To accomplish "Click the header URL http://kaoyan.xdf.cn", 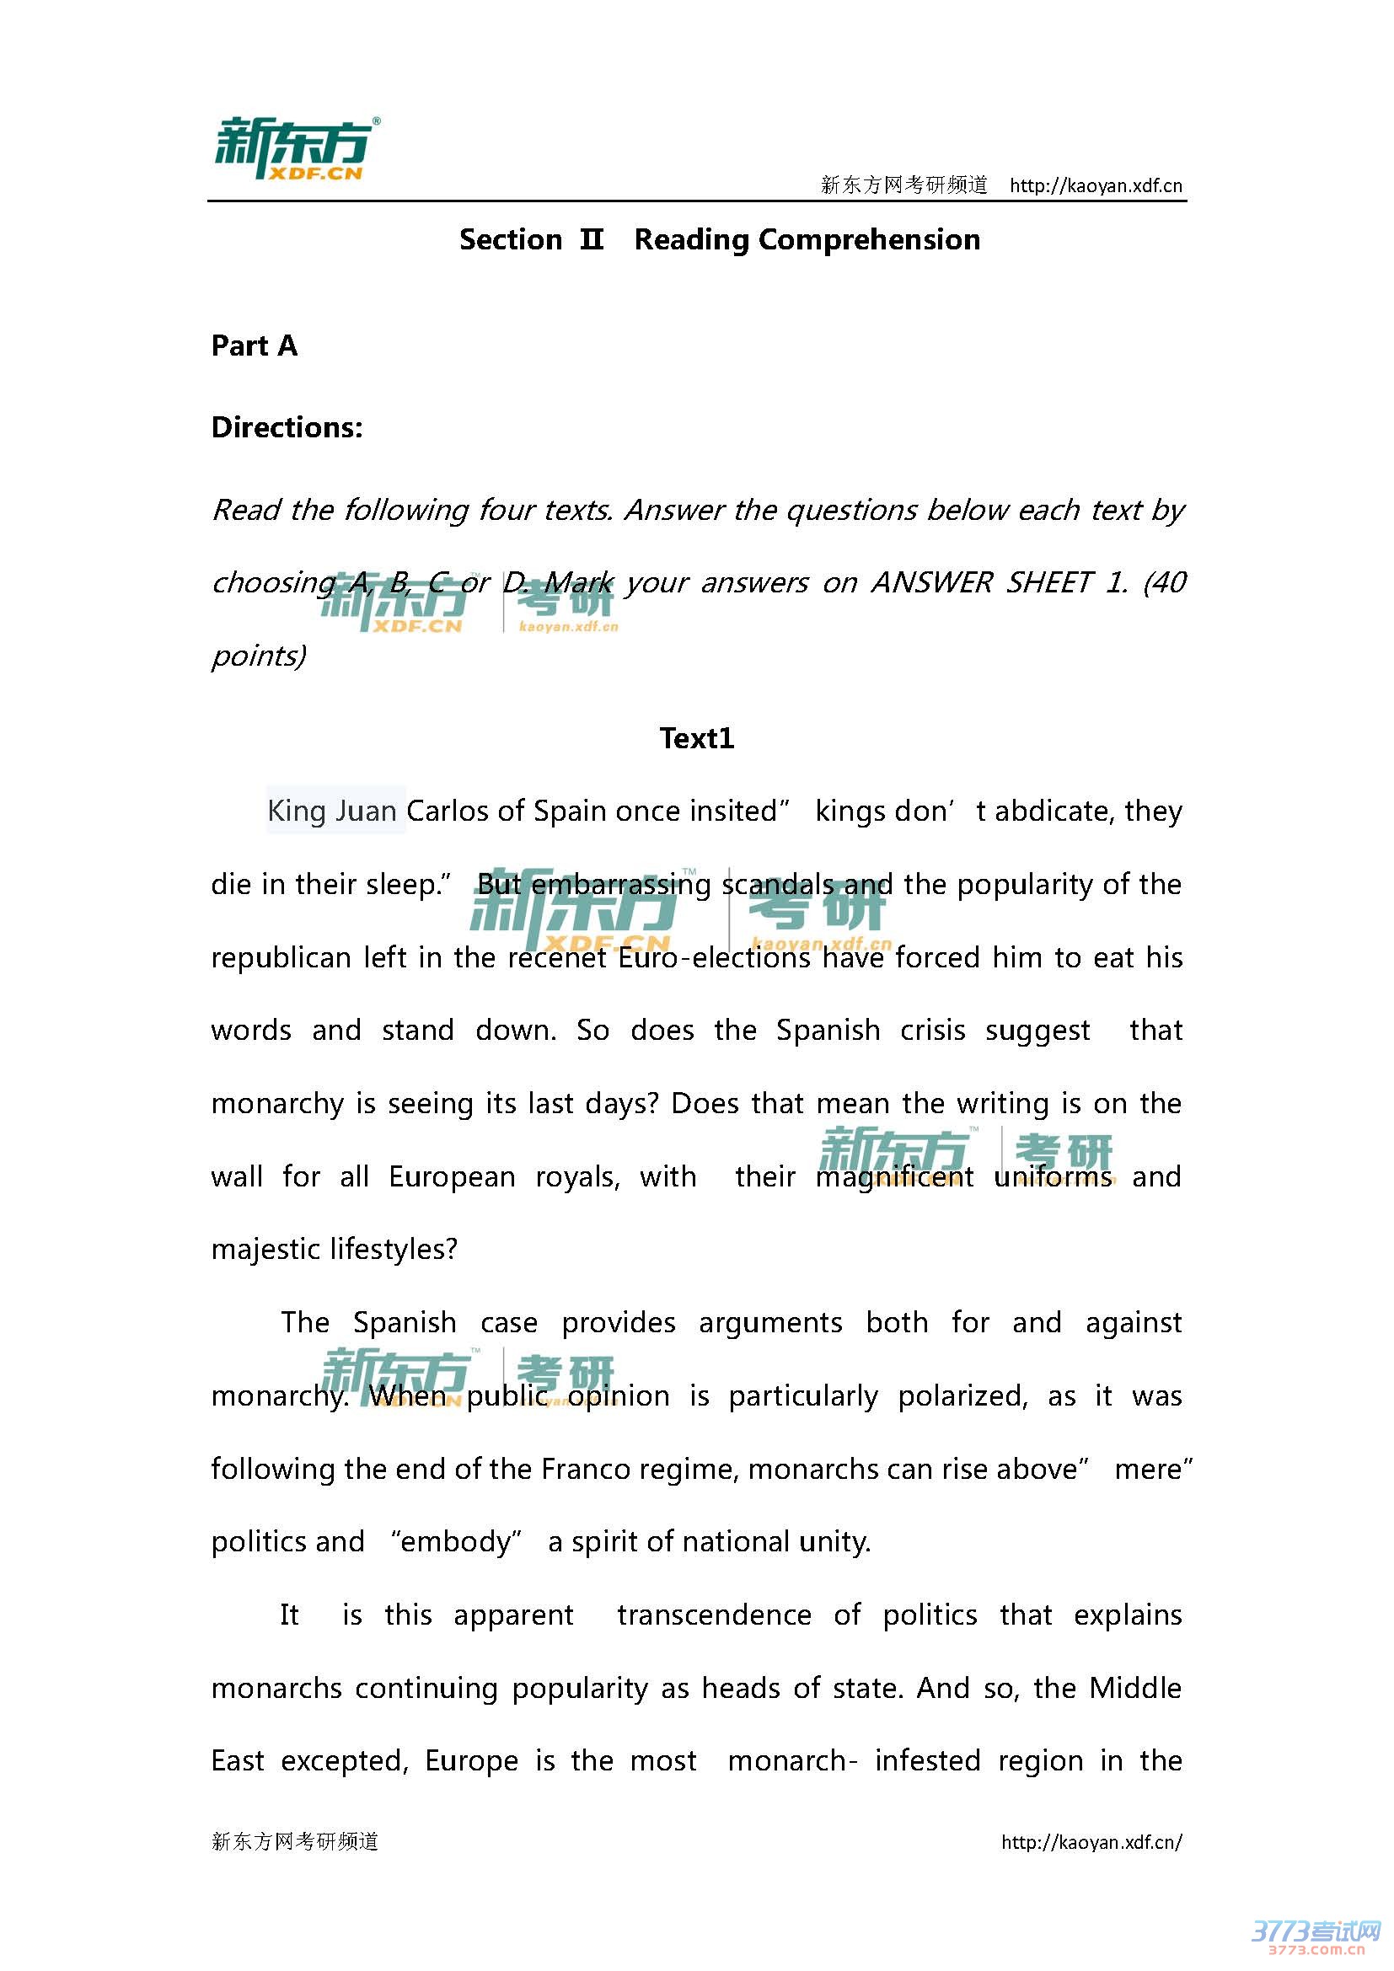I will click(1096, 185).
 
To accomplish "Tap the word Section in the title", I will click(510, 239).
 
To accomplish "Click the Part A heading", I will click(254, 346).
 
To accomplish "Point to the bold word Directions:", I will click(287, 427).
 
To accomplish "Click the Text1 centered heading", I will click(696, 738).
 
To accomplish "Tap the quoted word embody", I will click(456, 1542).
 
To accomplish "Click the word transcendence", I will click(714, 1615).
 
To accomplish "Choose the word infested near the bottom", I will click(927, 1760).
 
